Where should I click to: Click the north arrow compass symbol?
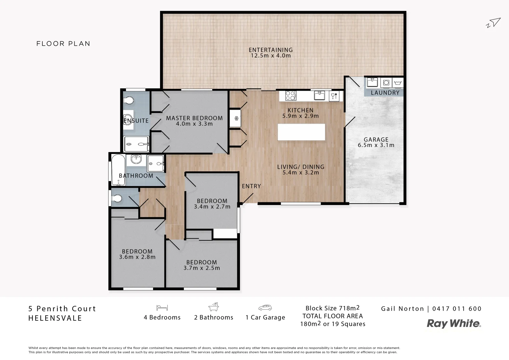coord(494,22)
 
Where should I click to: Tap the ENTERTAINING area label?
coord(270,50)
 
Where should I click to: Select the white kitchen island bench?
coord(301,132)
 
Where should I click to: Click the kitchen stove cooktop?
coord(290,96)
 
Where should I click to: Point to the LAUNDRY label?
coord(385,93)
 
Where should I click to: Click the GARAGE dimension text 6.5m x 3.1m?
coord(376,145)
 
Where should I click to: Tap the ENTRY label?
coord(251,186)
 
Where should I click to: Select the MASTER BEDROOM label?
coord(194,118)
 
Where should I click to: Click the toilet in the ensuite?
coord(128,100)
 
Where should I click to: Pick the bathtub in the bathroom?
coord(118,170)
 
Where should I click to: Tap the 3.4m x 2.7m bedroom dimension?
coord(212,207)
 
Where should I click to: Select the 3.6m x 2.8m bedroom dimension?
coord(137,257)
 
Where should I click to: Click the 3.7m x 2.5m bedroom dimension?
coord(202,268)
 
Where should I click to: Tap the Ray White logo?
coord(454,323)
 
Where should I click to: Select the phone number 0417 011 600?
coord(457,309)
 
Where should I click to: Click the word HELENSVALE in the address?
coord(55,318)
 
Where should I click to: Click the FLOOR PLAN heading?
coord(63,44)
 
